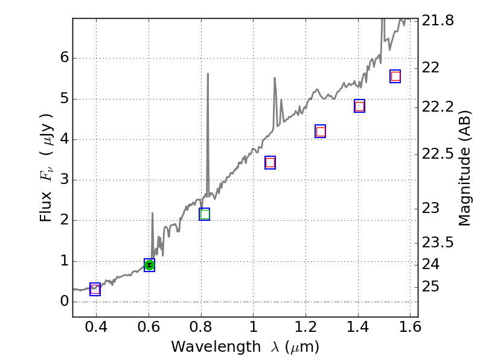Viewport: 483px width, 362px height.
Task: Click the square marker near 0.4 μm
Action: coord(95,290)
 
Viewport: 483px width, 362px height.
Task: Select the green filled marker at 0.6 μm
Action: coord(149,265)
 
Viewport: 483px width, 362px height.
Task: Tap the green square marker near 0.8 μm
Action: coord(205,214)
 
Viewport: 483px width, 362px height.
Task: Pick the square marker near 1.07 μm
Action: coord(270,162)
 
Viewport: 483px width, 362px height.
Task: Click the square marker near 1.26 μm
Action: coord(321,132)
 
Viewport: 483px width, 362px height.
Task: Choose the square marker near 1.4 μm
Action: coord(359,106)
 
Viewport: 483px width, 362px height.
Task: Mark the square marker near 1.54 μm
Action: coord(395,76)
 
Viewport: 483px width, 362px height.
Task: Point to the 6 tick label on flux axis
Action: coord(64,59)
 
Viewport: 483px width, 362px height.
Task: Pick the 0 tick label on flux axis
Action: coord(64,302)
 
